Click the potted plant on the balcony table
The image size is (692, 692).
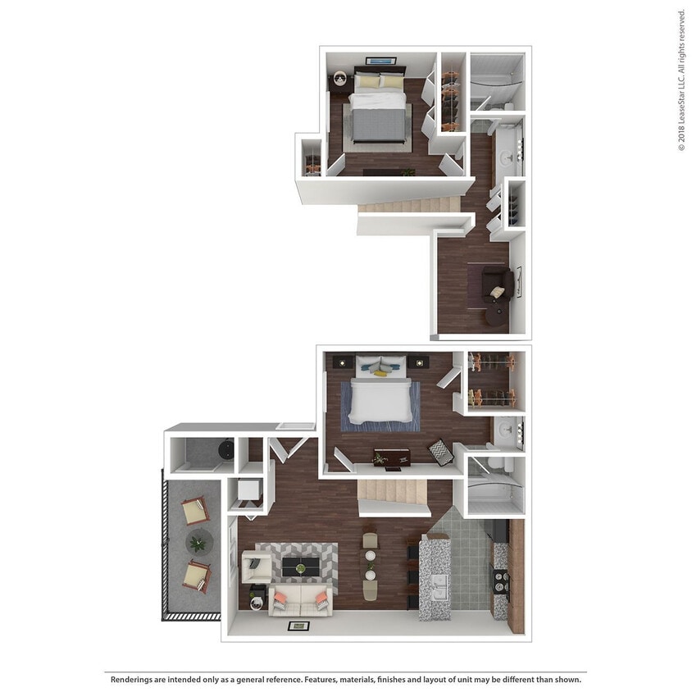pos(197,541)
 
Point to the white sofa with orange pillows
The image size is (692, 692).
pos(299,601)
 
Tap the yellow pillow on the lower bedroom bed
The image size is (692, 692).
pos(382,373)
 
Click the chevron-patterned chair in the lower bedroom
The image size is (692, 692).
pos(440,453)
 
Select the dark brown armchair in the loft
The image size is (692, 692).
pos(498,284)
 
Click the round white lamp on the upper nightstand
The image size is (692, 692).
pos(340,79)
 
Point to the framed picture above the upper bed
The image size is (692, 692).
pos(380,60)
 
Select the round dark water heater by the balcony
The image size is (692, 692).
pos(222,450)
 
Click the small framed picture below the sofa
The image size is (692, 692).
pos(298,626)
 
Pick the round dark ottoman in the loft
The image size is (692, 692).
pos(494,314)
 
